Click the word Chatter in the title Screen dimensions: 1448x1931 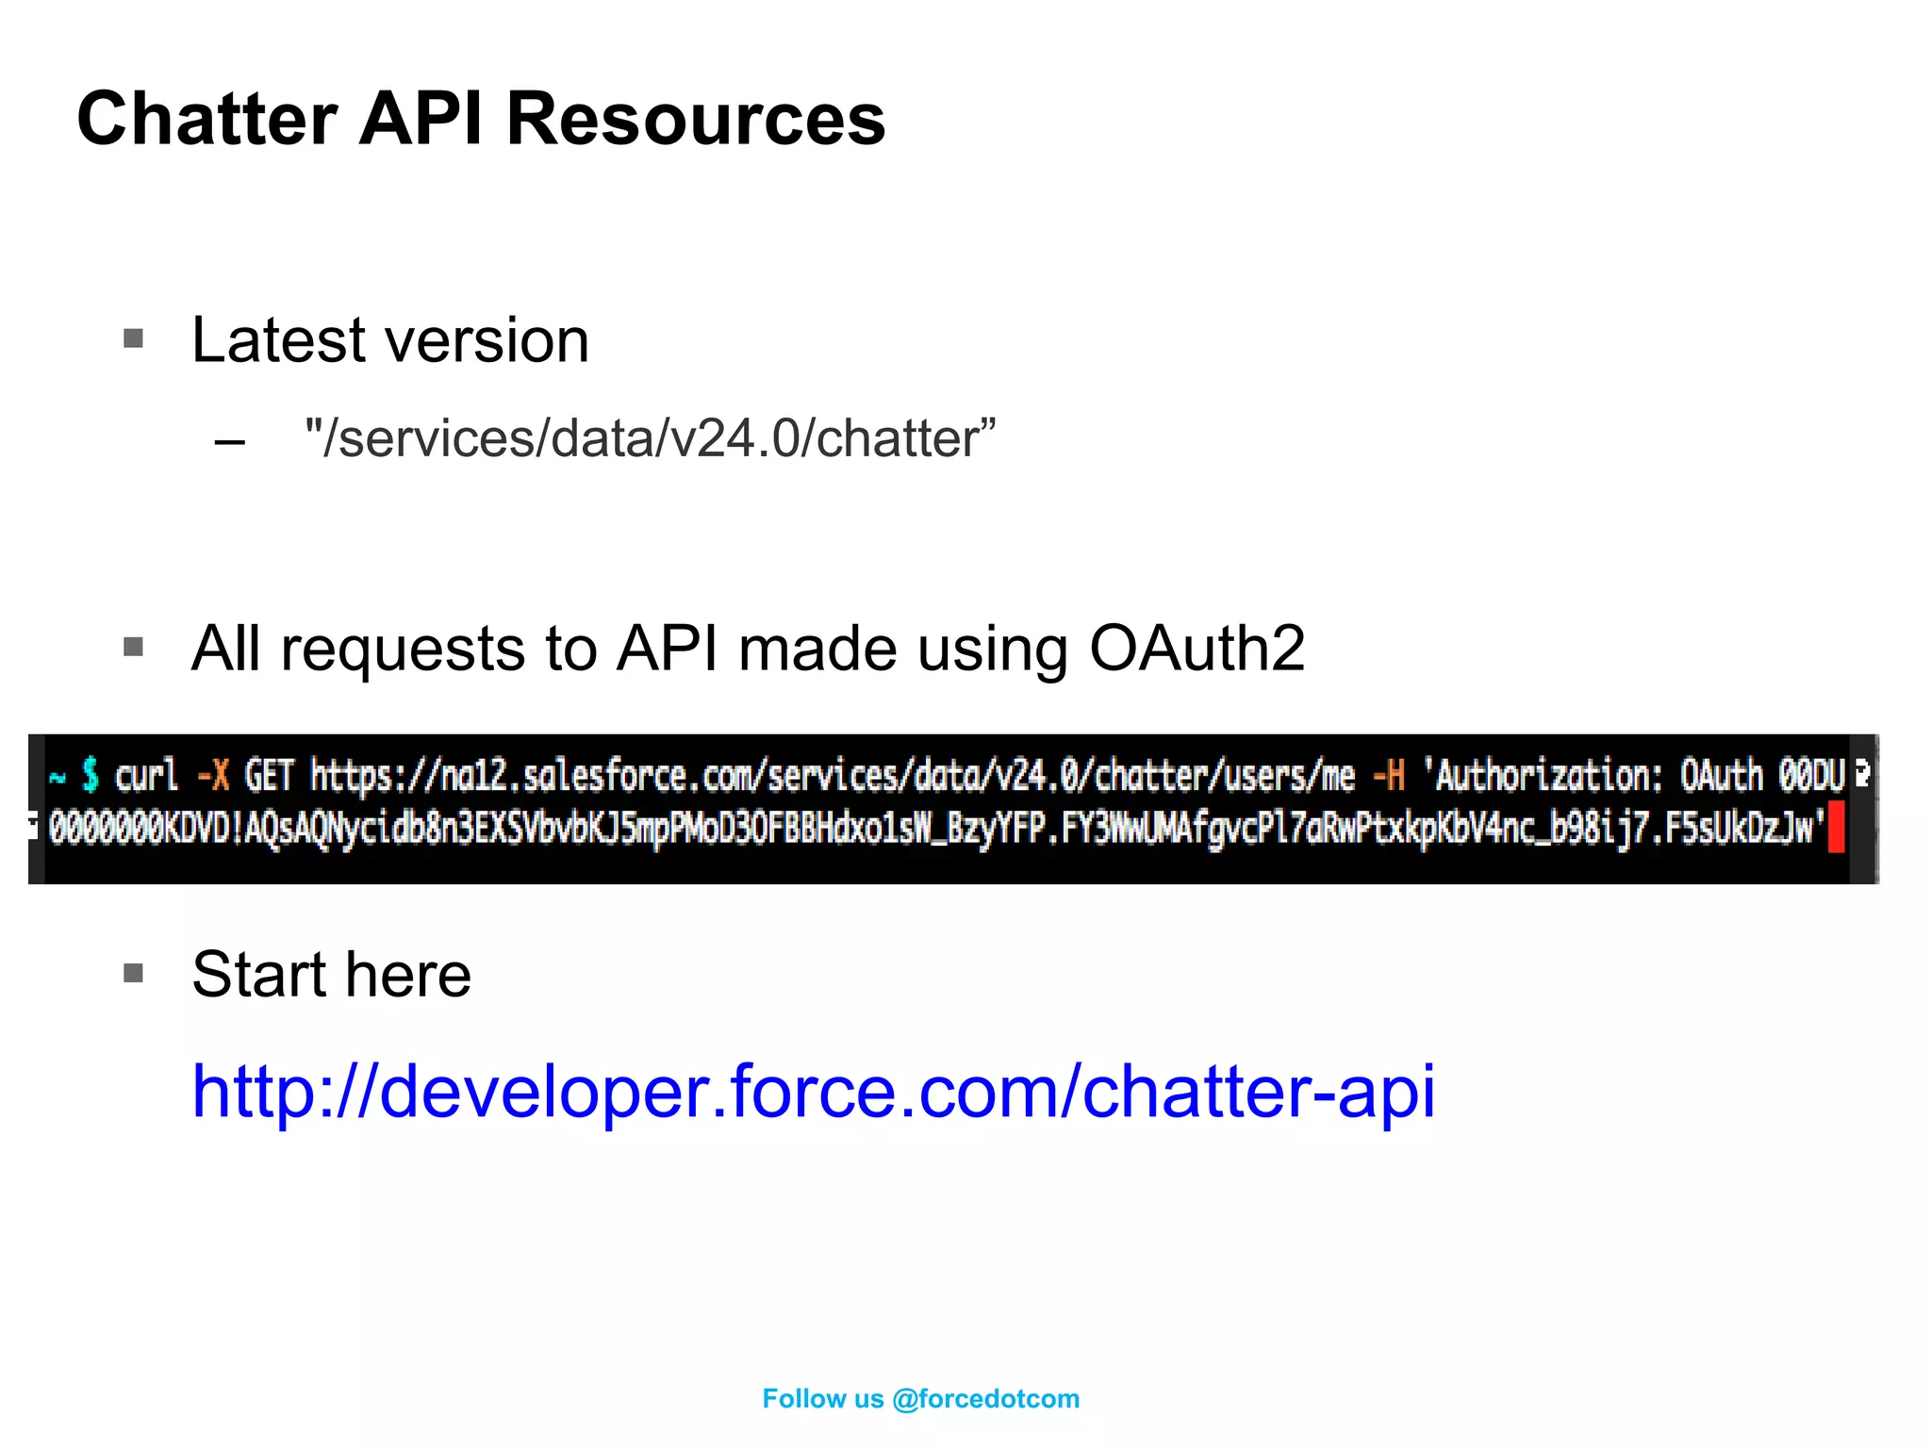click(x=207, y=120)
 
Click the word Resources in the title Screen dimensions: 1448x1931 click(x=696, y=120)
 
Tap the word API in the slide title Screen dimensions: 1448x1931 click(x=421, y=120)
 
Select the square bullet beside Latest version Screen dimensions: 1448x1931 click(x=134, y=338)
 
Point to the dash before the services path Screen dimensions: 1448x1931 click(x=230, y=441)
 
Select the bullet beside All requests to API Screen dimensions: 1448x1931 click(x=134, y=647)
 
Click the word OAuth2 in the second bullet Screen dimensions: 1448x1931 click(x=1197, y=650)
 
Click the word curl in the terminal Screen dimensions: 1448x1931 click(x=146, y=776)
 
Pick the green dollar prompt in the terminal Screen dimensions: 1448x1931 click(x=91, y=775)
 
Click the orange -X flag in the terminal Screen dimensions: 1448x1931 click(x=213, y=776)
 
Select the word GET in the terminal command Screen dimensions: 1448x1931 click(x=270, y=776)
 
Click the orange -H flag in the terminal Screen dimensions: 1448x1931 click(x=1389, y=776)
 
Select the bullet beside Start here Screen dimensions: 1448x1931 click(x=134, y=973)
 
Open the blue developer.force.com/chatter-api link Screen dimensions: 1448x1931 click(x=813, y=1092)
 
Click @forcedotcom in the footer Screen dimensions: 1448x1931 click(x=985, y=1399)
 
